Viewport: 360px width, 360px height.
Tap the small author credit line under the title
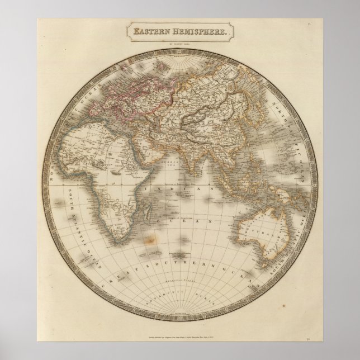click(x=179, y=41)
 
